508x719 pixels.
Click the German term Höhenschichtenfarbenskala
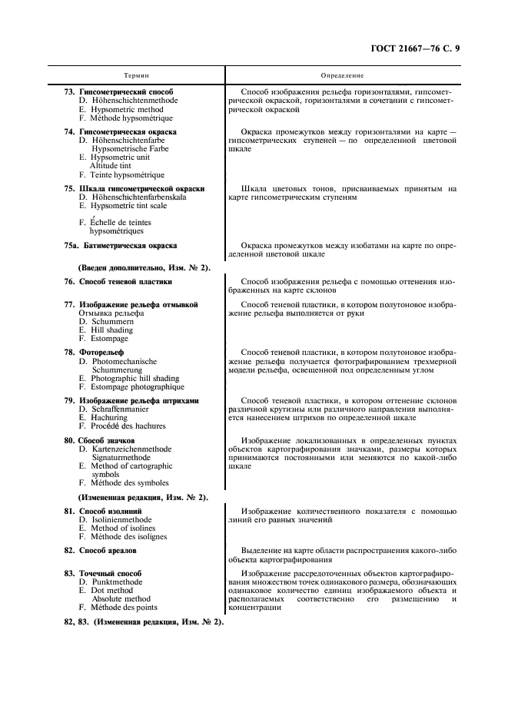pyautogui.click(x=139, y=197)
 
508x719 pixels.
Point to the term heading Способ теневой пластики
pyautogui.click(x=126, y=283)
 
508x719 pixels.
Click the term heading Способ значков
pyautogui.click(x=107, y=440)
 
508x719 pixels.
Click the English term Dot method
pyautogui.click(x=111, y=591)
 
